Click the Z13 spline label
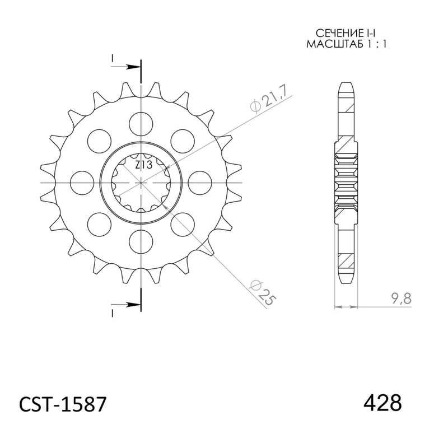click(x=144, y=165)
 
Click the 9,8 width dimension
click(x=401, y=299)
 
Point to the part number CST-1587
click(x=63, y=404)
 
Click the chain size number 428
click(x=382, y=403)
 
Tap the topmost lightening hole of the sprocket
click(x=141, y=124)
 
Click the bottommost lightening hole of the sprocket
click(x=141, y=241)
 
